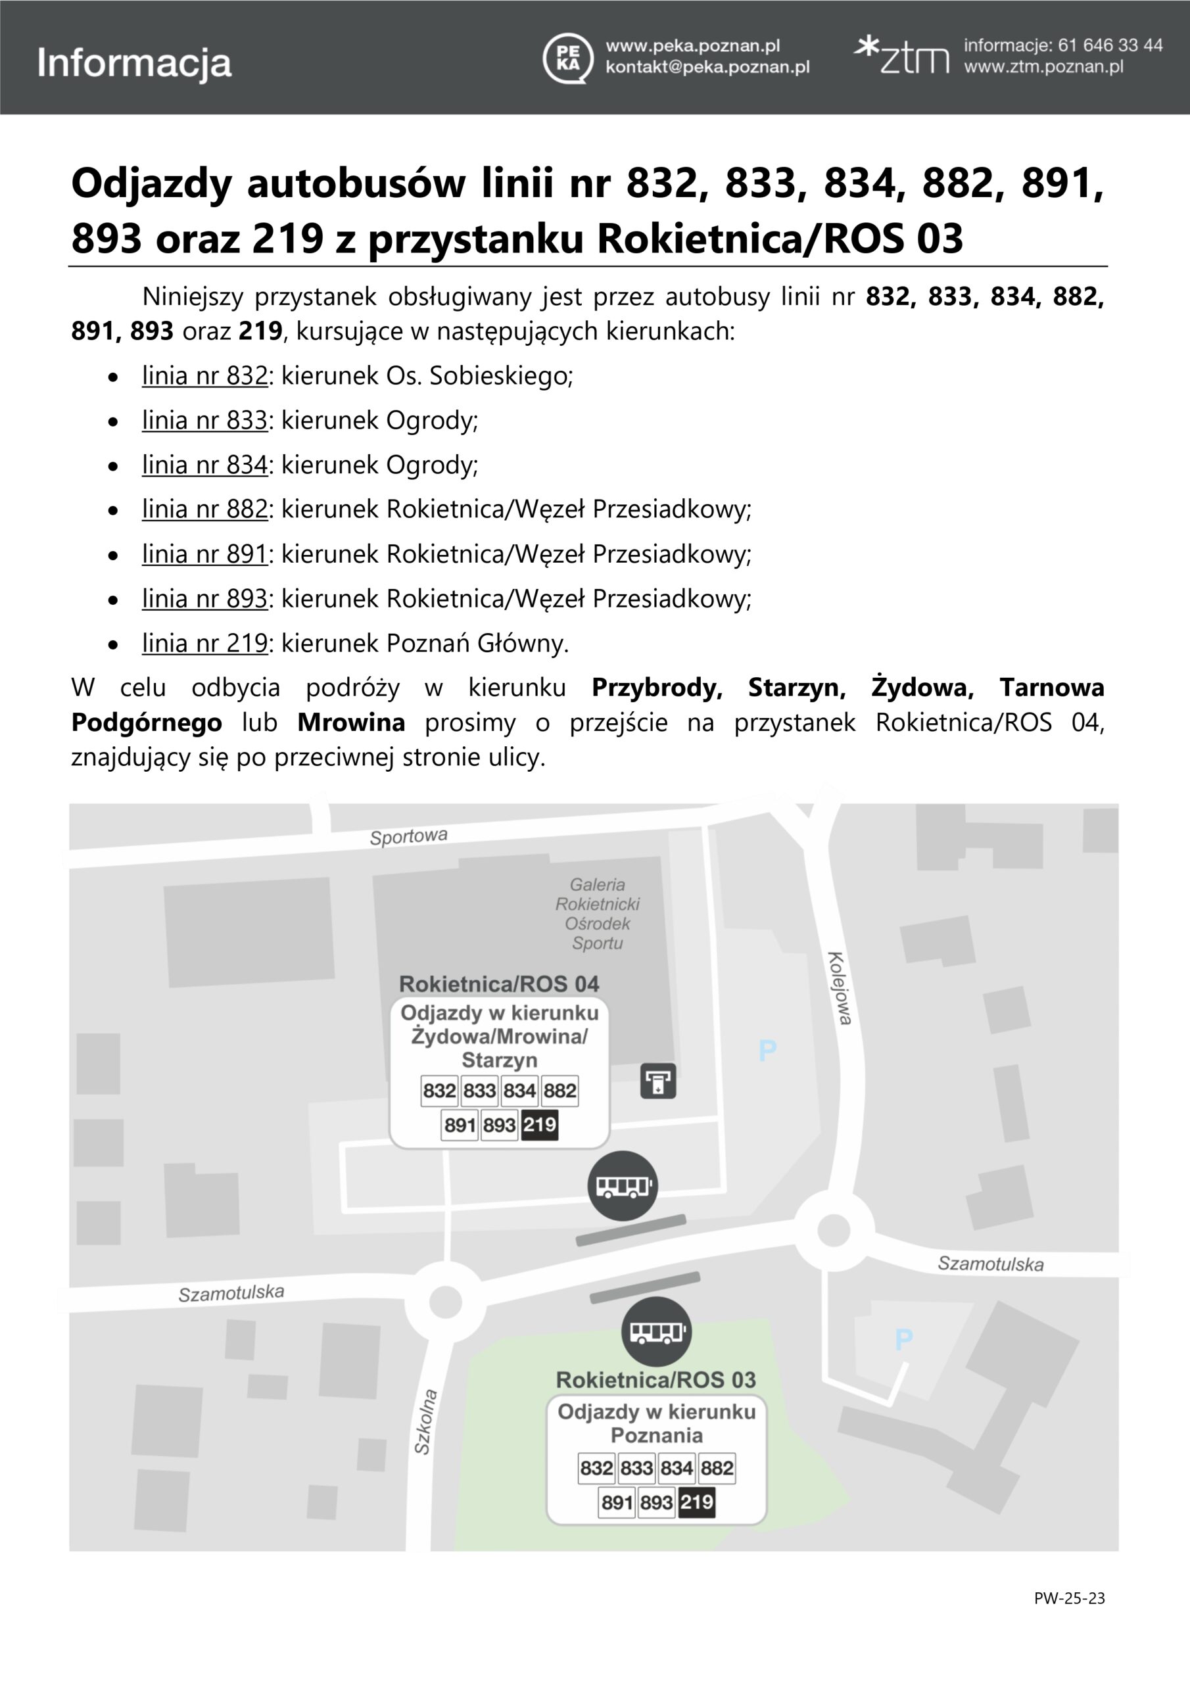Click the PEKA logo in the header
(x=567, y=58)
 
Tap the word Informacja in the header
(x=134, y=63)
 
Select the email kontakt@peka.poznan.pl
(x=707, y=68)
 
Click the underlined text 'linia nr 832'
(x=204, y=376)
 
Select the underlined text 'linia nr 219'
(x=204, y=644)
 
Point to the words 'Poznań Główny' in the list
(x=477, y=644)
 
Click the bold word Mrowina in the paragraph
(x=351, y=723)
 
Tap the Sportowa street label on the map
(x=408, y=836)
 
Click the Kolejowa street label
(x=840, y=988)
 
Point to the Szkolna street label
(x=426, y=1421)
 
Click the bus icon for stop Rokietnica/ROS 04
(x=623, y=1185)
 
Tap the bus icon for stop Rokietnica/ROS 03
(x=656, y=1331)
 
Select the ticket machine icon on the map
(x=657, y=1080)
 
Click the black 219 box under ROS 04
(x=540, y=1124)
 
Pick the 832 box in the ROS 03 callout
(x=596, y=1467)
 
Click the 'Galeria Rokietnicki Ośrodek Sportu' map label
(x=598, y=913)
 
